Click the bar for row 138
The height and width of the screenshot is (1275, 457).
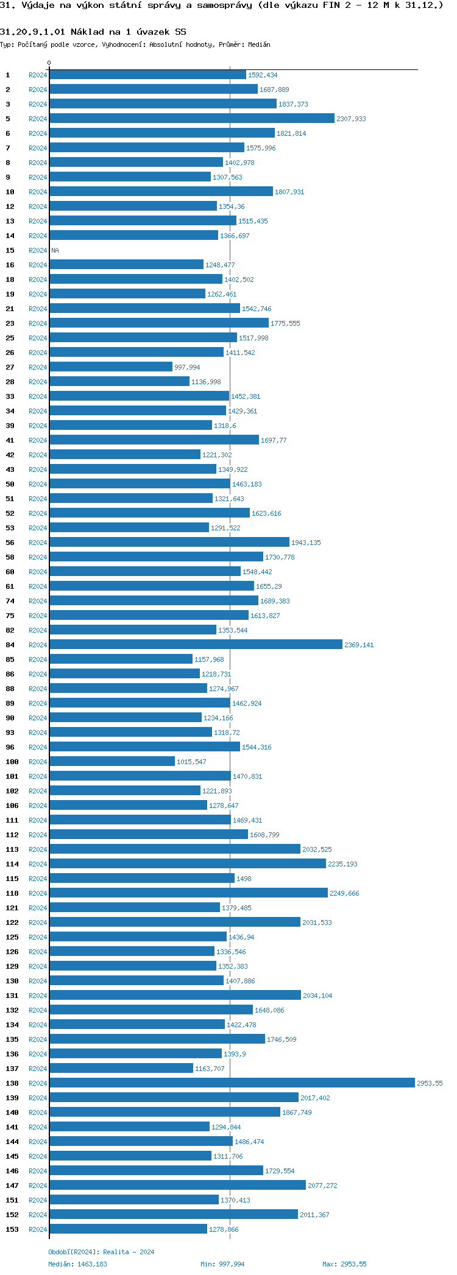tap(232, 1083)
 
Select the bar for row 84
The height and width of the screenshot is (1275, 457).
tap(196, 645)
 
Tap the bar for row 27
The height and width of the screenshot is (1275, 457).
tap(111, 367)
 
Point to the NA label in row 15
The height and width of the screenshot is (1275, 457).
tap(55, 250)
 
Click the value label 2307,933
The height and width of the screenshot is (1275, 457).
tap(351, 119)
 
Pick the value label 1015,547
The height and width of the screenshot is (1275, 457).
tap(191, 762)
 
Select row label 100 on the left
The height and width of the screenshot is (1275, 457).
tap(12, 762)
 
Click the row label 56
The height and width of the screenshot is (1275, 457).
tap(10, 543)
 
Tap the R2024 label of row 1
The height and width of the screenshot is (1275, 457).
tap(38, 75)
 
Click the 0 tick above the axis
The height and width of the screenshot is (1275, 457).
tap(49, 63)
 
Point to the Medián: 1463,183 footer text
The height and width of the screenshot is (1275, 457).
tap(77, 1264)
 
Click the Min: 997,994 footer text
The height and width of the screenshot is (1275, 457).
tap(222, 1264)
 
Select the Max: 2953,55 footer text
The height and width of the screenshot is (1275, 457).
tap(344, 1264)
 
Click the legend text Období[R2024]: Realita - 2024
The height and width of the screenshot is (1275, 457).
tap(101, 1252)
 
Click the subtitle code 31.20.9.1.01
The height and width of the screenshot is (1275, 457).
tap(32, 32)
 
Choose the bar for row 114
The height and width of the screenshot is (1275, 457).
tap(188, 864)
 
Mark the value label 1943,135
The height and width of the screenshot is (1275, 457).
tap(306, 543)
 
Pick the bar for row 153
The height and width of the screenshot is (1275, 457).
tap(128, 1229)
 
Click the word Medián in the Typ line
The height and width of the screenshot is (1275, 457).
tap(259, 44)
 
